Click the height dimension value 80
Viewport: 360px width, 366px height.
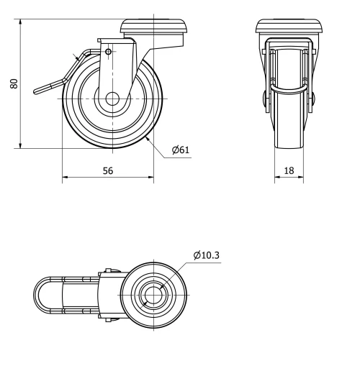(14, 84)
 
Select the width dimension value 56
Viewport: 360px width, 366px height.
(108, 171)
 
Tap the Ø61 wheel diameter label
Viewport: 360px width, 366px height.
(180, 150)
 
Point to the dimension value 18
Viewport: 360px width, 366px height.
(288, 171)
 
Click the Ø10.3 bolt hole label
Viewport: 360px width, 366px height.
(207, 255)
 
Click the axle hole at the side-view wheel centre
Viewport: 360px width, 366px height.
(113, 99)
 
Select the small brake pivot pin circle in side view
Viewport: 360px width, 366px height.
(108, 52)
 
